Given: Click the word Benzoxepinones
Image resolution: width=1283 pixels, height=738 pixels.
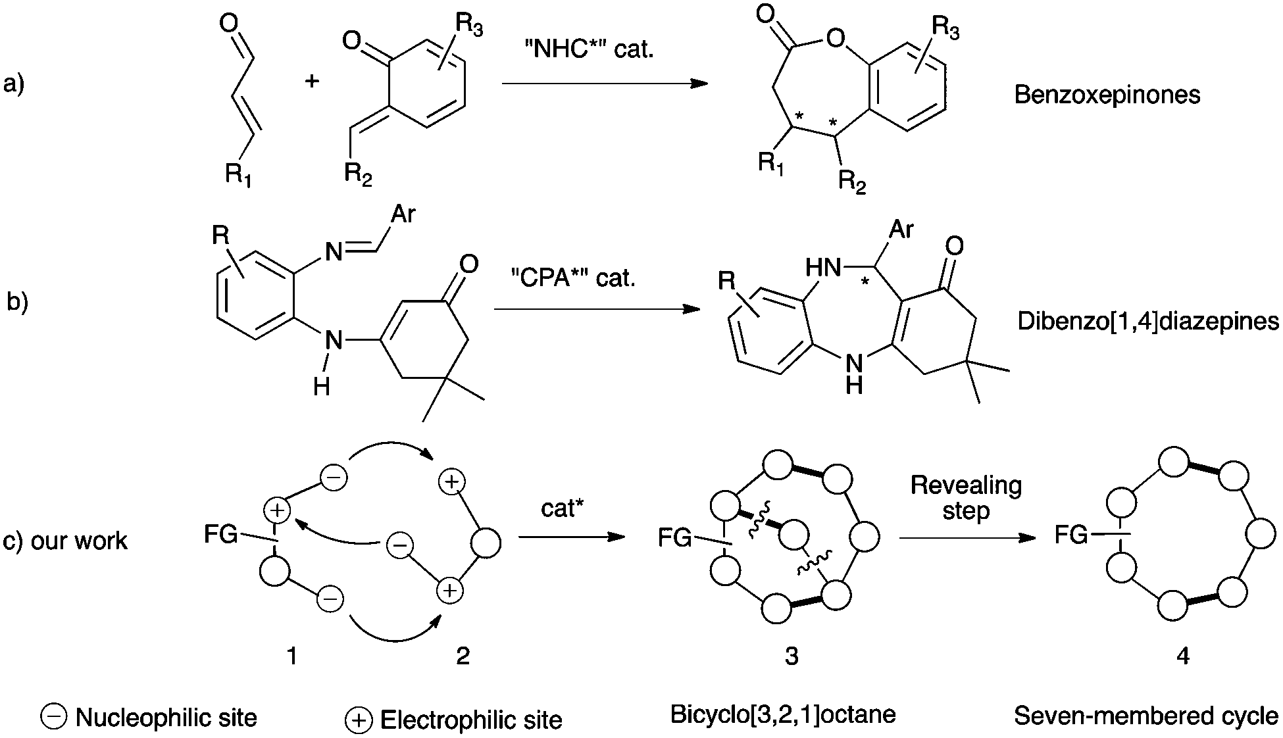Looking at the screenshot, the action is coord(1107,95).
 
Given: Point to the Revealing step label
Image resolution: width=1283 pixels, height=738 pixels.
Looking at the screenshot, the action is coord(966,498).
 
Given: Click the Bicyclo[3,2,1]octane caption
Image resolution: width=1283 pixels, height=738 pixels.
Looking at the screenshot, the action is coord(783,714).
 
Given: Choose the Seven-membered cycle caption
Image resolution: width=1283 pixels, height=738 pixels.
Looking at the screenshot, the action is coord(1146,716).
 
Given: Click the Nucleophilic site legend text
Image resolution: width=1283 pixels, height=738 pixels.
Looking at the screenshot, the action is coord(166,718).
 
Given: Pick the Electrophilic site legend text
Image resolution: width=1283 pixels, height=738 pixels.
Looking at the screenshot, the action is coord(471,720).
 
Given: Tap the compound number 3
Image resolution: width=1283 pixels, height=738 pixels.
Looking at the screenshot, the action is coord(792,655).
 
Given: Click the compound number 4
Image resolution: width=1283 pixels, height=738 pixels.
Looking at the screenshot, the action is coord(1183,655).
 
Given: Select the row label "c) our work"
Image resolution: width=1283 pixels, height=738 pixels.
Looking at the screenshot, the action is coord(65,541).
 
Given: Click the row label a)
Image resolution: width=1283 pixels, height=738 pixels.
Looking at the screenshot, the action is coord(14,86).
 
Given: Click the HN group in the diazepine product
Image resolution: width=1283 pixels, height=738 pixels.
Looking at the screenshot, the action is coord(824,267).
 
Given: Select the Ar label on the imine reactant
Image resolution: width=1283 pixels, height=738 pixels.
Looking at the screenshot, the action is coord(403,214).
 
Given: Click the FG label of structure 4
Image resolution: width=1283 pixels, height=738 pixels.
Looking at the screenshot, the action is coord(1071,534).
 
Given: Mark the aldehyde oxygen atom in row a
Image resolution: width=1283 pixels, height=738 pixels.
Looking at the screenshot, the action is coord(228,24).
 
